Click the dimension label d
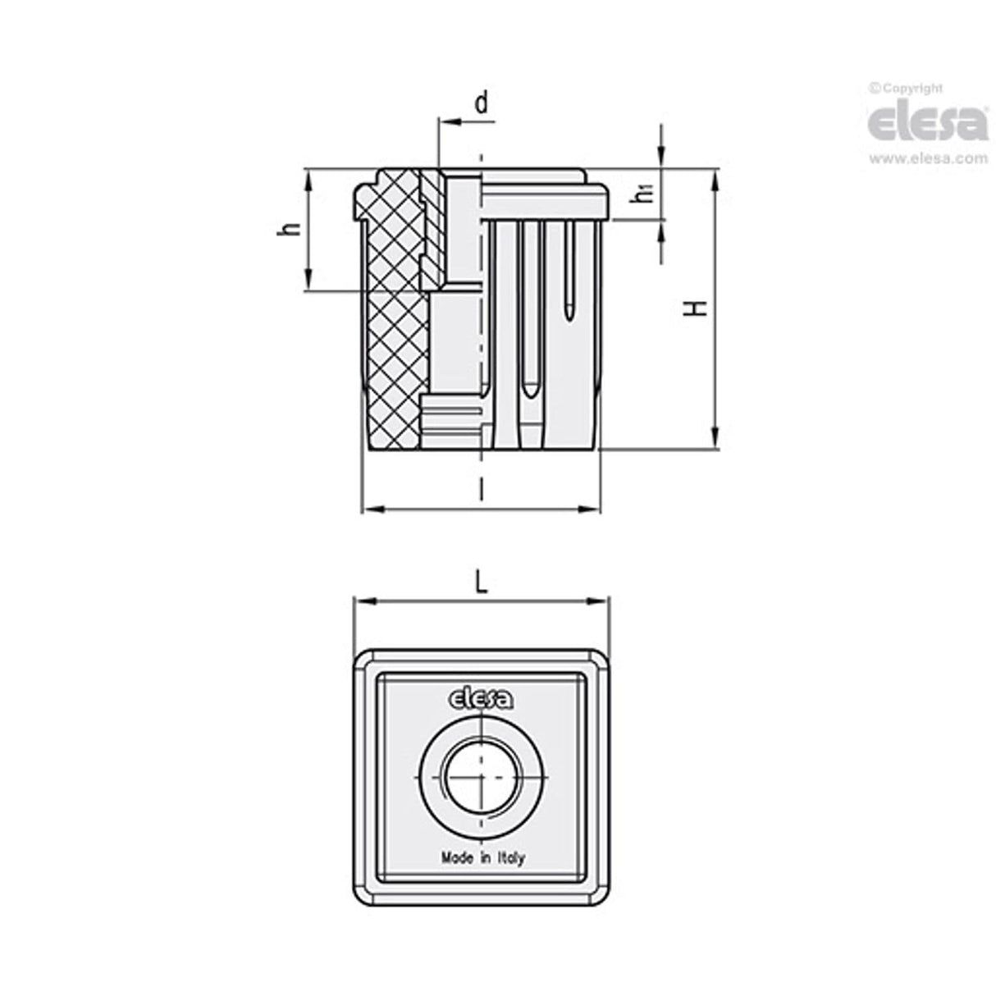coord(482,103)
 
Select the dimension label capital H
coord(697,308)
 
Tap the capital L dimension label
coord(482,583)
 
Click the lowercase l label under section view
coord(481,490)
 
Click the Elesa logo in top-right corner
coord(928,123)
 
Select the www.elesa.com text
coord(928,159)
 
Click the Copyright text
coord(906,89)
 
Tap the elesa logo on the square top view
coord(481,698)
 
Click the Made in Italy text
coord(482,858)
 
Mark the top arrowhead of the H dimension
coord(716,178)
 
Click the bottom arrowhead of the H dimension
coord(716,439)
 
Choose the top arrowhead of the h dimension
coord(308,179)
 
